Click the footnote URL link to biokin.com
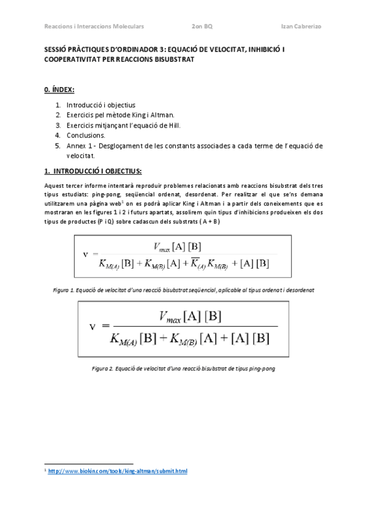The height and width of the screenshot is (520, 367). point(117,471)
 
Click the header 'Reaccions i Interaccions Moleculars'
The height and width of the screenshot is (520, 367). point(94,27)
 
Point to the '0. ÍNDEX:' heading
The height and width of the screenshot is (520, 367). point(59,90)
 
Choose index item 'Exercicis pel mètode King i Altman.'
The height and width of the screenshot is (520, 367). point(119,115)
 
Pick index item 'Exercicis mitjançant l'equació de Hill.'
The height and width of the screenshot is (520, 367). point(123,125)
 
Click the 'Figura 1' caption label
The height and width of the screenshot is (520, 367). point(66,290)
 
